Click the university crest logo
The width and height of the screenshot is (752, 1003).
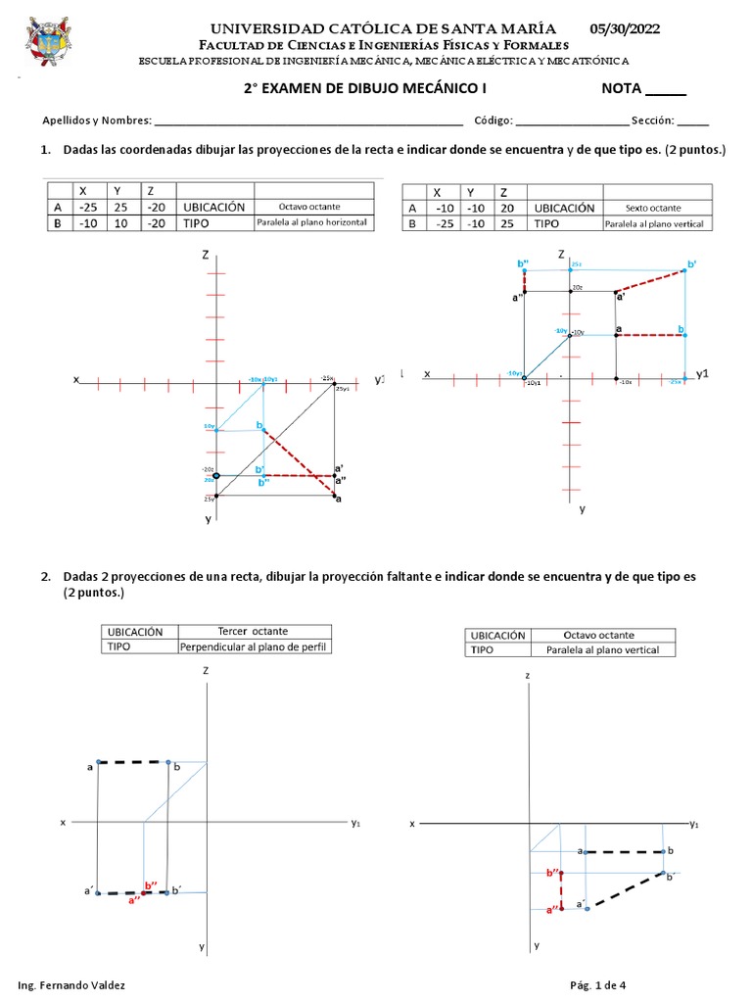point(48,45)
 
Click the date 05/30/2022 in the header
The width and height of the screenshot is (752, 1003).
point(625,29)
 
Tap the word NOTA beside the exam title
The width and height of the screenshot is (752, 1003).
point(621,89)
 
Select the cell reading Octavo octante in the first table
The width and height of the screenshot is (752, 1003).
point(313,208)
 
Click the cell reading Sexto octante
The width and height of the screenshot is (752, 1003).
point(653,208)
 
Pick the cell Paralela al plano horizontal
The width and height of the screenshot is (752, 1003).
point(313,223)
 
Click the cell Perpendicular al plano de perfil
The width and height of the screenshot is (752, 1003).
point(254,647)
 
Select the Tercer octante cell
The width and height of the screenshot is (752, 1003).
point(254,632)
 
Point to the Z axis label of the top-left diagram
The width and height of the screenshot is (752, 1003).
point(206,255)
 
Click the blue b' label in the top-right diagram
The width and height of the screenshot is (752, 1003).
point(692,264)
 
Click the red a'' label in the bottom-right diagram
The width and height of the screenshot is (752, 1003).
point(551,909)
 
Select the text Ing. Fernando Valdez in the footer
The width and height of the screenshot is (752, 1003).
point(71,984)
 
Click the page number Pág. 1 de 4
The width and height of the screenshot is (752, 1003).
point(597,984)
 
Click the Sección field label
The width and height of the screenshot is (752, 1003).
point(653,120)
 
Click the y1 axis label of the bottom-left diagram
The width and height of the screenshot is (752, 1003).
point(355,824)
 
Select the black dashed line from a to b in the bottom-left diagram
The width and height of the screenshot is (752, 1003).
point(133,762)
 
